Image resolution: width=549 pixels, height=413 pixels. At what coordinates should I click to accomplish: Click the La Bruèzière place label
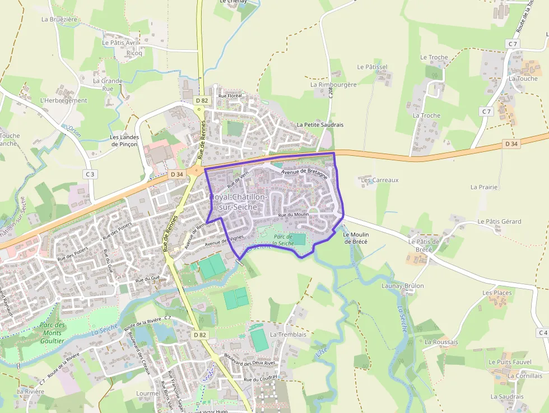pyautogui.click(x=59, y=19)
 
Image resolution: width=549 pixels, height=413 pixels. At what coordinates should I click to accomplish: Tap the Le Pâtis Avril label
pyautogui.click(x=120, y=42)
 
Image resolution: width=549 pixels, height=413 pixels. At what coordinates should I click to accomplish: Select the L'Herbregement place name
pyautogui.click(x=64, y=101)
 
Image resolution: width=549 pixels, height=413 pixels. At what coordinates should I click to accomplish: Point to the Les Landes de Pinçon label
pyautogui.click(x=124, y=141)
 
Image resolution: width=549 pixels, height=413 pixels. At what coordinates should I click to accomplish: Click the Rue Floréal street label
pyautogui.click(x=230, y=96)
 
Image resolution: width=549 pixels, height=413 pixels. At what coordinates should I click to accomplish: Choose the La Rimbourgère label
pyautogui.click(x=333, y=85)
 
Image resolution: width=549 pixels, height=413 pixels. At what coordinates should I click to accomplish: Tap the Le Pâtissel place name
pyautogui.click(x=372, y=67)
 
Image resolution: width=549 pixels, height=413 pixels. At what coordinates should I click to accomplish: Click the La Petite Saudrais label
pyautogui.click(x=320, y=124)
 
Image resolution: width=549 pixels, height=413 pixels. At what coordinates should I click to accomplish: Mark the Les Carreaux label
pyautogui.click(x=380, y=180)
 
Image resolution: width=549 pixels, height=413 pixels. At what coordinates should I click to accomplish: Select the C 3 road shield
pyautogui.click(x=90, y=174)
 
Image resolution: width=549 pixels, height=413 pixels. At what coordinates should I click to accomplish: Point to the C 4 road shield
pyautogui.click(x=542, y=333)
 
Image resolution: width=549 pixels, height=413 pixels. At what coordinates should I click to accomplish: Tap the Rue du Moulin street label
pyautogui.click(x=293, y=215)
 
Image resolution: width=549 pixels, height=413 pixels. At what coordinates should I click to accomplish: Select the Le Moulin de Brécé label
pyautogui.click(x=355, y=238)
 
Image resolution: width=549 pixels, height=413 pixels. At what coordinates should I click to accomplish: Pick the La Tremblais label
pyautogui.click(x=288, y=335)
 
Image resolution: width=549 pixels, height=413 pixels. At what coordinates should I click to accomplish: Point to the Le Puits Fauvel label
pyautogui.click(x=510, y=362)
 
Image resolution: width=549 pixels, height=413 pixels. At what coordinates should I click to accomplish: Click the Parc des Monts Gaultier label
pyautogui.click(x=53, y=332)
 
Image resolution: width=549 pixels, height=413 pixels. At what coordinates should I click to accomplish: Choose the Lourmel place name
pyautogui.click(x=148, y=393)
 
